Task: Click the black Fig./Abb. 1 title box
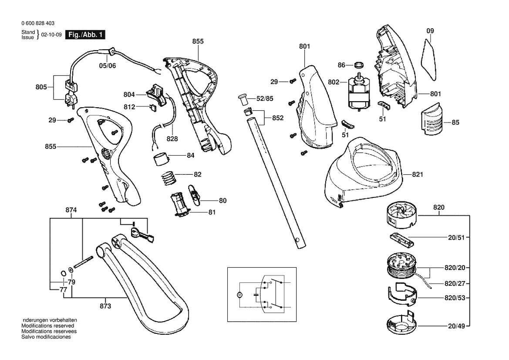(x=84, y=35)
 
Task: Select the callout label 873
(x=105, y=306)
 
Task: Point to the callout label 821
(x=417, y=174)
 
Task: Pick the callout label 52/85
(x=264, y=99)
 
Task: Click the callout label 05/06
(x=107, y=66)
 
